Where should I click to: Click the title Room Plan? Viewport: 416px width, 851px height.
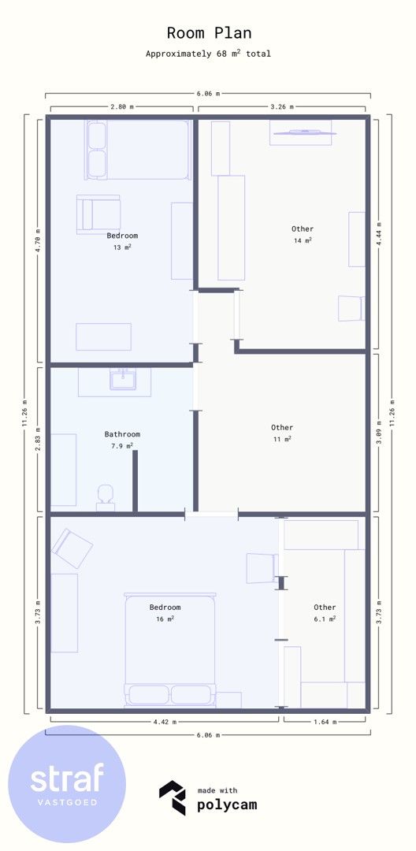[209, 33]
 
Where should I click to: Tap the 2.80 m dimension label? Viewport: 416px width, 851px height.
[121, 107]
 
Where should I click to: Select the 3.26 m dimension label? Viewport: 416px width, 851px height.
[281, 107]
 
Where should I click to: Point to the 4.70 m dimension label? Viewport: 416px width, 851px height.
[37, 240]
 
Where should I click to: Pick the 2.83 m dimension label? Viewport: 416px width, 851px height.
[37, 440]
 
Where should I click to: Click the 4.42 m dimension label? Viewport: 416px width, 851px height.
[165, 722]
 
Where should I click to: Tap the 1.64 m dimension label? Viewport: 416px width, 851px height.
[325, 722]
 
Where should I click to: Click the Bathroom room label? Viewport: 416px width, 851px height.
[122, 434]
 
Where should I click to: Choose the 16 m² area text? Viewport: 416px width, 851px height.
[165, 619]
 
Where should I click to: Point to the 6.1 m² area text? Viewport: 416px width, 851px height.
[325, 619]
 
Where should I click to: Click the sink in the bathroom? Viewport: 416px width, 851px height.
[123, 379]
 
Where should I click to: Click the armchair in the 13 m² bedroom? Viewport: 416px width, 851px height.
[98, 214]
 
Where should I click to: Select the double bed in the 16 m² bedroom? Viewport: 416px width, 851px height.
[169, 649]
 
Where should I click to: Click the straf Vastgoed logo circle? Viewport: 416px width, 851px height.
[67, 784]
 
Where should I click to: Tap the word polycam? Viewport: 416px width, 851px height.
[227, 805]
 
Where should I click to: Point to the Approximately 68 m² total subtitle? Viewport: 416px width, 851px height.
[208, 54]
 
